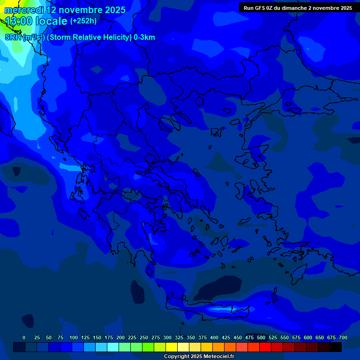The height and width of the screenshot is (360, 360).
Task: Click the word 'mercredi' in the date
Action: (24, 10)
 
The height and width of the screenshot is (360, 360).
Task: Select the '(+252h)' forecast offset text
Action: (83, 21)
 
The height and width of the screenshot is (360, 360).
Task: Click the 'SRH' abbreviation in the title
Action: (13, 37)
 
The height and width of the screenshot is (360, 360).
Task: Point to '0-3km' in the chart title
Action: (144, 37)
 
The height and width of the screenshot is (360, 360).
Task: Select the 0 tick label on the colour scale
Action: (24, 337)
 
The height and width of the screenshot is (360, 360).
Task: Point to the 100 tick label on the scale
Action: (74, 337)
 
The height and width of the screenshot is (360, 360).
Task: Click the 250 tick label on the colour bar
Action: (144, 337)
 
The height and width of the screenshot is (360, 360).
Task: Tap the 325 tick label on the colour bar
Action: (179, 337)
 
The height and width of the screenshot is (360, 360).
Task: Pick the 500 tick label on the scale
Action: (261, 337)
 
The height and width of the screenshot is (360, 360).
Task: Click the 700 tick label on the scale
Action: (343, 337)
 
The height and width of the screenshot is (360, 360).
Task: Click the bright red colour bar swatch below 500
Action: (265, 347)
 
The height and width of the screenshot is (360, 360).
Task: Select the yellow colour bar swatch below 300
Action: (172, 347)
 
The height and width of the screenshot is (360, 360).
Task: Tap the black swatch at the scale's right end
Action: (336, 347)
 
